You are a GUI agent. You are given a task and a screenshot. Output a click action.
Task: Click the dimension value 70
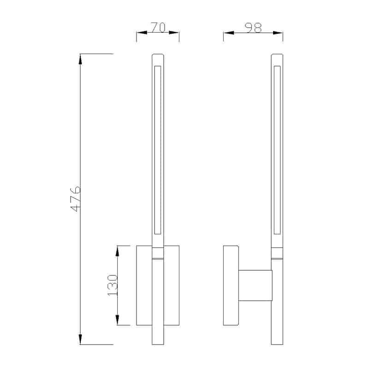pyautogui.click(x=158, y=28)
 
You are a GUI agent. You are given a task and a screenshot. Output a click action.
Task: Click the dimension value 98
pyautogui.click(x=253, y=28)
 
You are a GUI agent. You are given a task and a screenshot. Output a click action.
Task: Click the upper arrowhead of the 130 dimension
pyautogui.click(x=118, y=250)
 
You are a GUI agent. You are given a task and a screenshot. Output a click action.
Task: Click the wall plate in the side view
pyautogui.click(x=231, y=285)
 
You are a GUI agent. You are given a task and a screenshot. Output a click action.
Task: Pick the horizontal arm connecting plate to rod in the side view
pyautogui.click(x=255, y=285)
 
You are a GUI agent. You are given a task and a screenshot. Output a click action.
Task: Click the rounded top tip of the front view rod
pyautogui.click(x=158, y=56)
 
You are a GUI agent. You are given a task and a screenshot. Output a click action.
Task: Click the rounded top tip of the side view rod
pyautogui.click(x=277, y=56)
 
